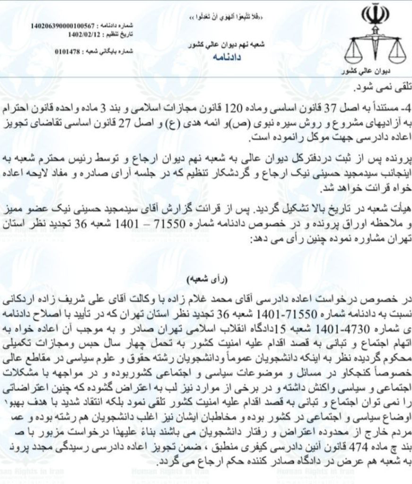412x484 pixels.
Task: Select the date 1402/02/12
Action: click(x=83, y=34)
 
